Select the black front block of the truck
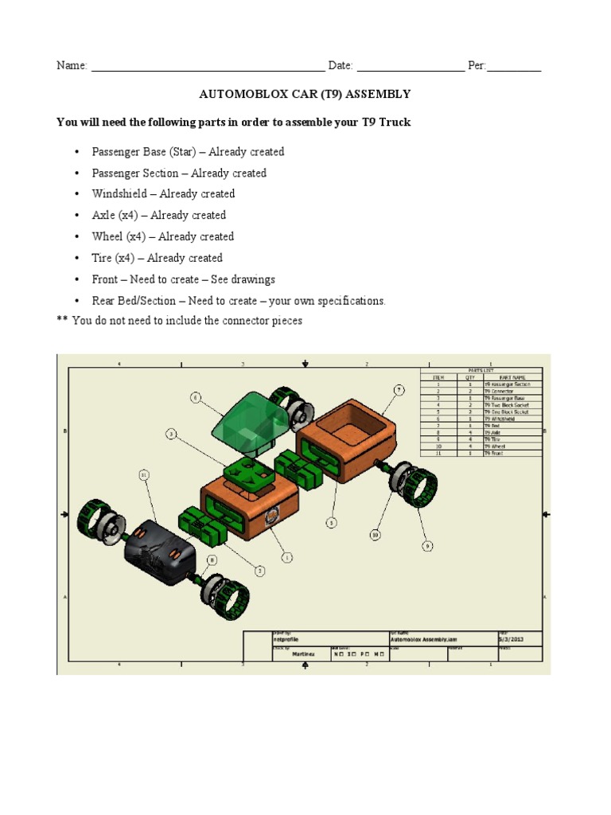159,550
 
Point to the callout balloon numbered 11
144,475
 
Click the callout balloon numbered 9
427,546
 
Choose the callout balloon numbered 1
287,558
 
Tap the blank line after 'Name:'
208,66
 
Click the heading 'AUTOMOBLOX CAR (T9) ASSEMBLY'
305,94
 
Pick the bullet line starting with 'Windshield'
163,193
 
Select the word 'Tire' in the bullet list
102,258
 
